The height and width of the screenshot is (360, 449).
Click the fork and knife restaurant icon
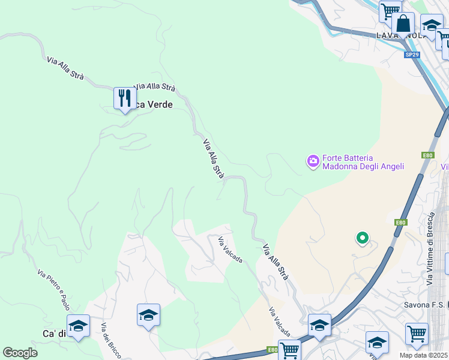[124, 98]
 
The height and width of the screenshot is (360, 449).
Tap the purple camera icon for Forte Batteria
[313, 161]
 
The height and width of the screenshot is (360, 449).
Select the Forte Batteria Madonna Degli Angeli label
[363, 163]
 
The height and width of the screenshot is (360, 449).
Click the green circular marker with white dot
[362, 238]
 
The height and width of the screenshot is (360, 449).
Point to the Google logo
[20, 353]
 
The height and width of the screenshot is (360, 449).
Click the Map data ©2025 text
[424, 355]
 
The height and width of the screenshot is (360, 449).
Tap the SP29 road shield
[411, 55]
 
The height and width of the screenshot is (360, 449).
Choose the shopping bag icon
[403, 24]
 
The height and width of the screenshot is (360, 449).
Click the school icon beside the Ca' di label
[78, 325]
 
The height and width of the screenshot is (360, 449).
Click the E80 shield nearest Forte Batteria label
[427, 155]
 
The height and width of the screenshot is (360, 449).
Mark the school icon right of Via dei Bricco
[148, 314]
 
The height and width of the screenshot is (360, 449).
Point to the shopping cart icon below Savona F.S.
[417, 332]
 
